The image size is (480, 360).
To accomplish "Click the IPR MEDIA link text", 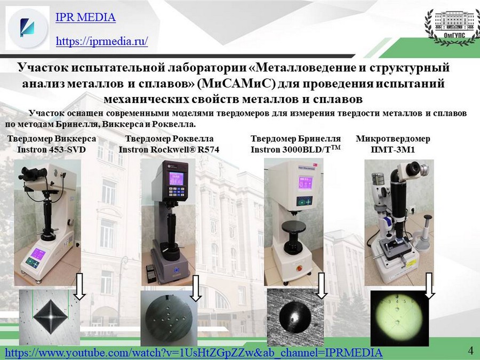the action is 85,17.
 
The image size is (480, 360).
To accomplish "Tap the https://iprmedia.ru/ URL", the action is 102,41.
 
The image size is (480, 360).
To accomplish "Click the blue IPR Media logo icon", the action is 27,28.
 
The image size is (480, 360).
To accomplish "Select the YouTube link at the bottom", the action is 194,353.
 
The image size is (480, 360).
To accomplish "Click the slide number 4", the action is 471,349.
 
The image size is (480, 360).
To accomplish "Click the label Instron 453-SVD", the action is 51,150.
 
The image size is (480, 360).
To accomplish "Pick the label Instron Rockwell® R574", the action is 169,150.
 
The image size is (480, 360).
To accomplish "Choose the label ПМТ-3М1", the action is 393,150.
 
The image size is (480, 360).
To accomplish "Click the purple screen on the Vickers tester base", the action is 38,254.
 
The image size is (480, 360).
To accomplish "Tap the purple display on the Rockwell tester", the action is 177,178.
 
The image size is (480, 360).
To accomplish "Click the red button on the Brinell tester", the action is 299,268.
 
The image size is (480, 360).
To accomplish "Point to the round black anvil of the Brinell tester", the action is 293,227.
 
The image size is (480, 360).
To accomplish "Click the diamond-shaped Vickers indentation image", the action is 50,316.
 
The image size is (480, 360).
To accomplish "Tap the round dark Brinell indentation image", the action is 295,317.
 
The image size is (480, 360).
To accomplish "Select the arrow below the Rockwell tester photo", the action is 196,288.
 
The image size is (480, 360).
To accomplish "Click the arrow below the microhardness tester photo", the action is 429,286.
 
